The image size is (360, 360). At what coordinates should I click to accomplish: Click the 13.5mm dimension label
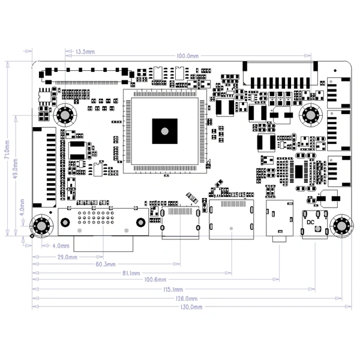pos(85,52)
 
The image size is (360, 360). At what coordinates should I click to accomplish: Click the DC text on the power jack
pos(310,222)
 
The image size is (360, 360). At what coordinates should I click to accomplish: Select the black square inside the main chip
pos(164,130)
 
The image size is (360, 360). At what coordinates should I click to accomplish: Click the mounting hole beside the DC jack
pos(343,226)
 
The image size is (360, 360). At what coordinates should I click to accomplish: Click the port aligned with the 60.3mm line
pos(180,221)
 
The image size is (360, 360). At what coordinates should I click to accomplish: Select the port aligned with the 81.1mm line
pos(231,221)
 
